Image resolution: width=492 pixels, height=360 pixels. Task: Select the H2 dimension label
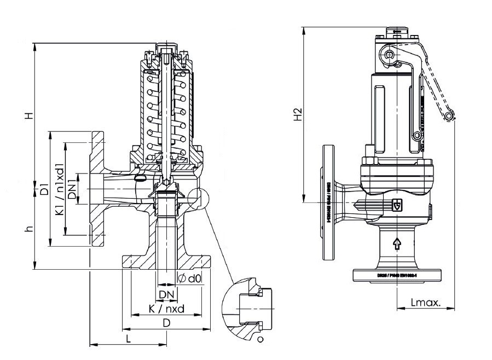297,114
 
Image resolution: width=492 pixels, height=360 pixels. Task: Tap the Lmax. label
426,302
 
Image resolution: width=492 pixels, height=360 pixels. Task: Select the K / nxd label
166,309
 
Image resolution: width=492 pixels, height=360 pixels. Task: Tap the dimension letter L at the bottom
128,339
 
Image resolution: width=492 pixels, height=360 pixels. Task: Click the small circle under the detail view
260,340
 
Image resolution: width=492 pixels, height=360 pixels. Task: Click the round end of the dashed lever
449,116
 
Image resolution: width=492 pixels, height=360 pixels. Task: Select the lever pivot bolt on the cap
390,55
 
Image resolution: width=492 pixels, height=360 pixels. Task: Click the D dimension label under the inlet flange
166,323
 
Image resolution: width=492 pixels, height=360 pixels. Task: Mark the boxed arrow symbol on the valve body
397,205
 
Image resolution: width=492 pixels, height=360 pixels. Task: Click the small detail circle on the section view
200,198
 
